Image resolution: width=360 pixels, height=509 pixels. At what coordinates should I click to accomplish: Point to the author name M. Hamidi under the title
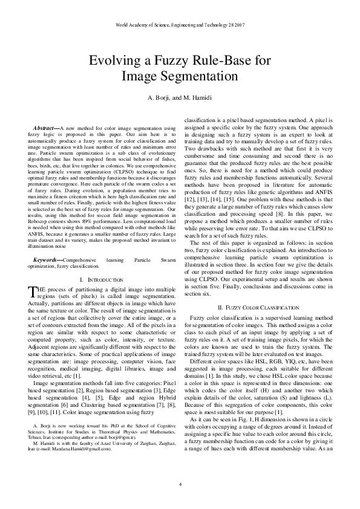pos(198,99)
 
